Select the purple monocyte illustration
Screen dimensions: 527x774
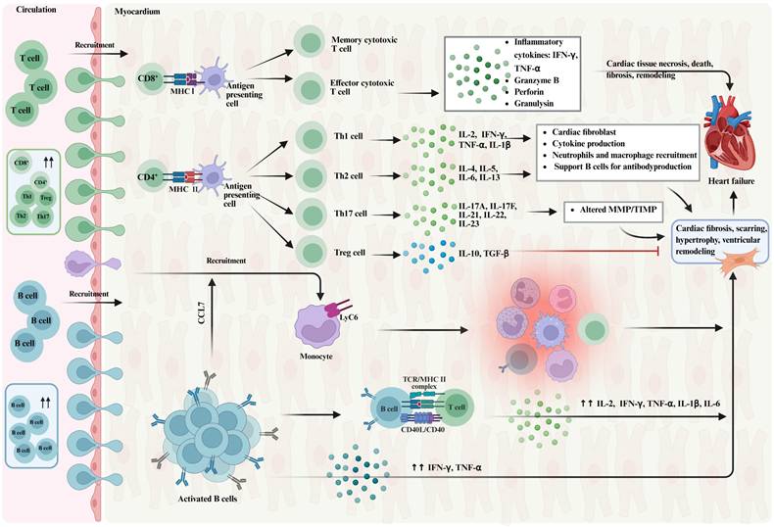319,323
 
